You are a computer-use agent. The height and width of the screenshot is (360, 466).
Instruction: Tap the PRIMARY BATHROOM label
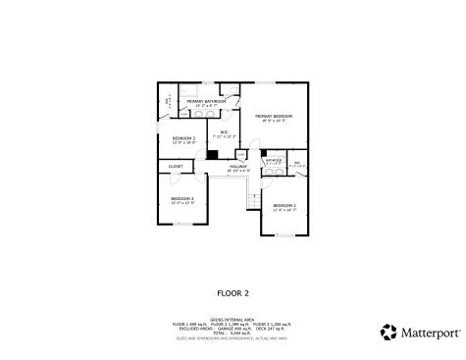point(207,101)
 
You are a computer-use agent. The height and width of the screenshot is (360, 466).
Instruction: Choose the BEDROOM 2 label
point(285,204)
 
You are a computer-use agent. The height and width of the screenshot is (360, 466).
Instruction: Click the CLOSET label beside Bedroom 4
point(176,167)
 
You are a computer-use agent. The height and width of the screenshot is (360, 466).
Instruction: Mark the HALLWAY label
point(238,166)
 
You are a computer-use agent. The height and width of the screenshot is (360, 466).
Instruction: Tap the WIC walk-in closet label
point(224,130)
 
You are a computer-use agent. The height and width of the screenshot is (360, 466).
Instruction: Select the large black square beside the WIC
point(211,154)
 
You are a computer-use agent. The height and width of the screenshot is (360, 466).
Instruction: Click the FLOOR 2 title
point(233,292)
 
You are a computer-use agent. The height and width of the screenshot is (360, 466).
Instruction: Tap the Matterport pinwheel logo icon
point(388,332)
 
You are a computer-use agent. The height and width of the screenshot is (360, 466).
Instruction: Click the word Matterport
point(430,333)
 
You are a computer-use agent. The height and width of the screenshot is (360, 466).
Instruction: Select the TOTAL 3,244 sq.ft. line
point(233,334)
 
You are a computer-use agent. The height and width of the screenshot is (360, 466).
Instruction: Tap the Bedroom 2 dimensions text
point(285,209)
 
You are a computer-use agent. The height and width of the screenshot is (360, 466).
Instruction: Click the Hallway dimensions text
point(238,171)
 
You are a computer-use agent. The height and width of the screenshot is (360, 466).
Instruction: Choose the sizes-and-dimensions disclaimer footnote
point(233,339)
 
